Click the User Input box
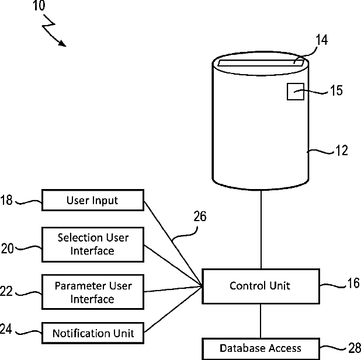(93, 200)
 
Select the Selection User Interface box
(93, 244)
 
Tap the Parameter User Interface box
(93, 292)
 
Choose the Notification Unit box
(93, 333)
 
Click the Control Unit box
(261, 286)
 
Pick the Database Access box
(261, 349)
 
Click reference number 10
(39, 5)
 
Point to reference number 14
(322, 40)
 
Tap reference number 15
(336, 90)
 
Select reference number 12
(342, 151)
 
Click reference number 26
(200, 216)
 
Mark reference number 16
(353, 283)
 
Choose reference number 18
(6, 200)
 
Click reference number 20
(8, 249)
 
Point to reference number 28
(355, 348)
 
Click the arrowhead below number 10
(63, 43)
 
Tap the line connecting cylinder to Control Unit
(261, 229)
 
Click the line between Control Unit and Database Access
(261, 321)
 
